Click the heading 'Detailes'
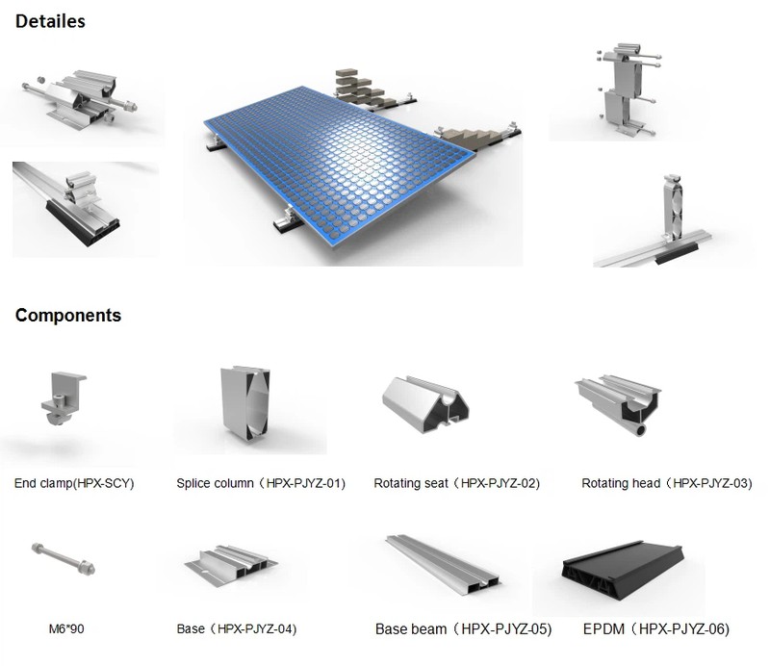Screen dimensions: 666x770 click(50, 20)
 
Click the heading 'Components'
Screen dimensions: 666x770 click(67, 315)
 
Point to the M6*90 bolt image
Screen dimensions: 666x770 click(64, 557)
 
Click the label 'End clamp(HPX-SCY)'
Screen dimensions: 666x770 click(74, 483)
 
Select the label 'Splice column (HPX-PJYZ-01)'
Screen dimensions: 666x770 click(261, 483)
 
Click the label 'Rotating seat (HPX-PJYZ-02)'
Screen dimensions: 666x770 click(456, 483)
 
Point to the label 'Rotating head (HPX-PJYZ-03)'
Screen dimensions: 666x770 click(666, 483)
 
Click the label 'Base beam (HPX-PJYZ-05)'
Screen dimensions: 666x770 click(463, 629)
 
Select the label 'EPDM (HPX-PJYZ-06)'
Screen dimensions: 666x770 click(655, 629)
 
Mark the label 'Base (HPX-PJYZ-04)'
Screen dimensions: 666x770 click(236, 629)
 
